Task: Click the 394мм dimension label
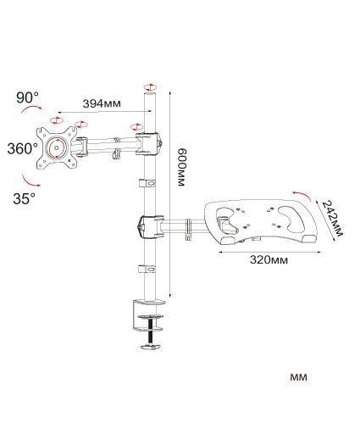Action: coord(102,103)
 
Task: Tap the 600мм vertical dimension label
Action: coord(182,167)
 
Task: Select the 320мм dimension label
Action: coord(269,260)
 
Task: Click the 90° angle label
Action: coord(27,97)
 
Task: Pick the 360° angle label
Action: coord(22,148)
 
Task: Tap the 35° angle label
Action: coord(25,198)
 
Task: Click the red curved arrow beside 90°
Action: coord(31,108)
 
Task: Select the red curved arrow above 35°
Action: coord(30,181)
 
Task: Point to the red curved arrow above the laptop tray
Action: coord(302,194)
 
